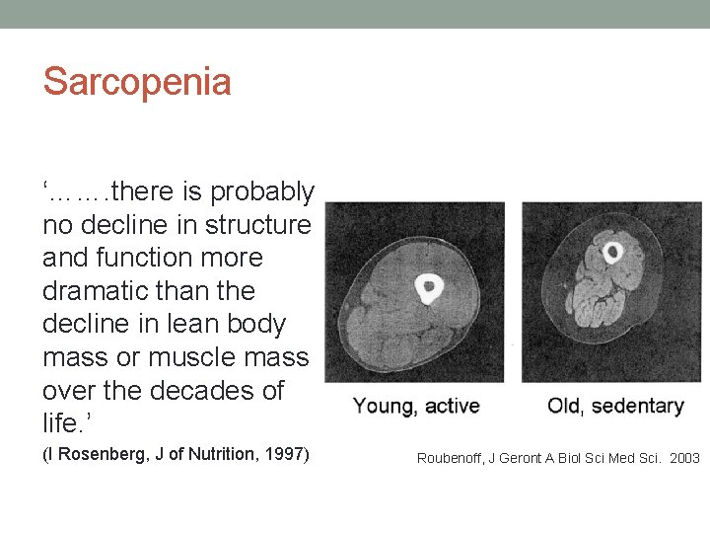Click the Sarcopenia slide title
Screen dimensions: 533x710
click(x=137, y=81)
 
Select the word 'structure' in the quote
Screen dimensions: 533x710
click(x=257, y=225)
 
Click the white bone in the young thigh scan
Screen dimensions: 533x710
click(x=429, y=287)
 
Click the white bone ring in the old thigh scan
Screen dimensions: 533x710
click(x=612, y=253)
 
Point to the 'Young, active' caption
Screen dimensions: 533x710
click(x=416, y=406)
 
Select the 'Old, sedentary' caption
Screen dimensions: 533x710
click(x=615, y=406)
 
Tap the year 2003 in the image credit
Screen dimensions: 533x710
click(x=683, y=458)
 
